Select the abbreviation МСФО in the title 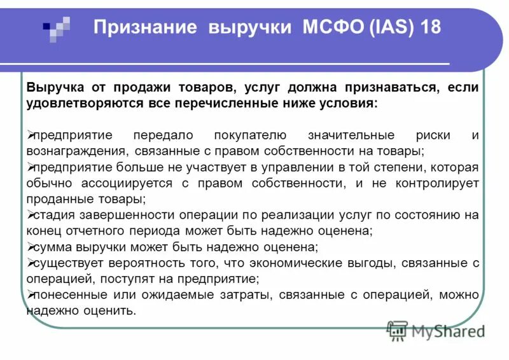(329, 29)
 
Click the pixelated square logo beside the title (57, 27)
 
